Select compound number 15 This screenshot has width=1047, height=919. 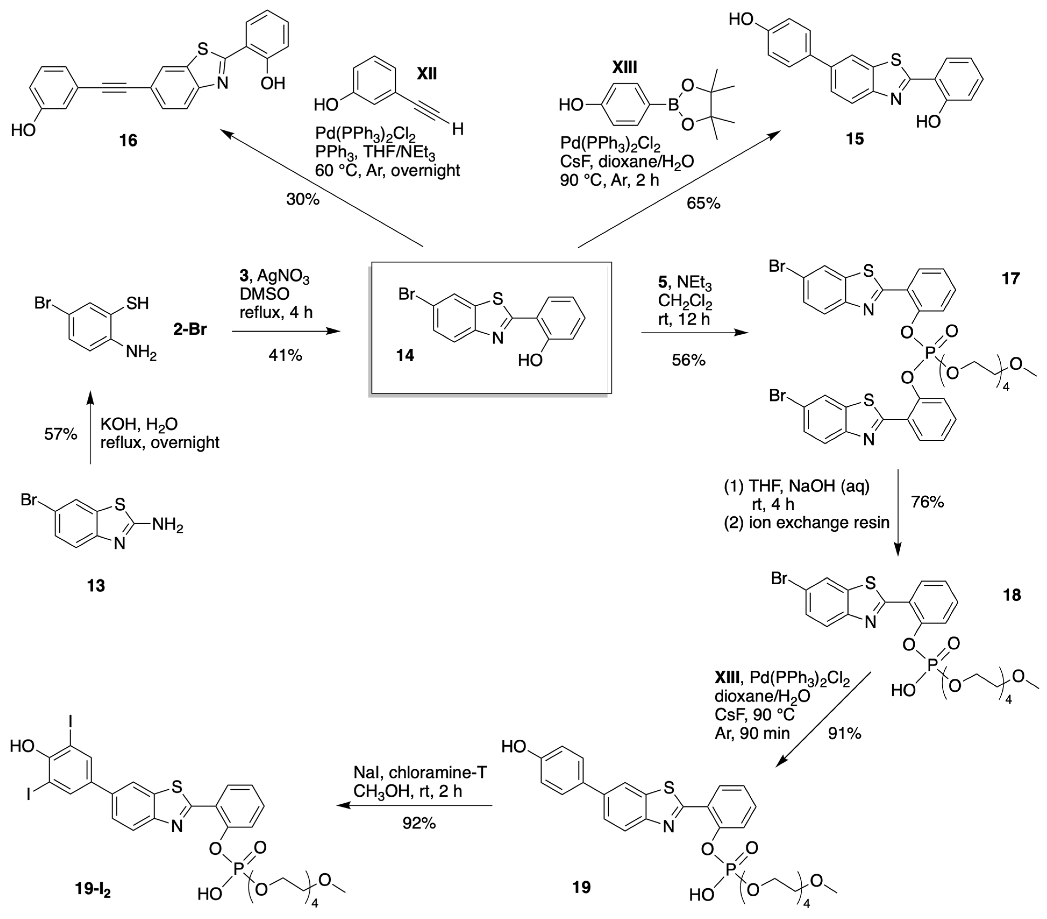[855, 139]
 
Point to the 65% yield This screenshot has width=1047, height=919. [703, 204]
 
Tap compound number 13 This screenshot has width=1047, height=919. [96, 585]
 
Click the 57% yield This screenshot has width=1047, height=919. [60, 434]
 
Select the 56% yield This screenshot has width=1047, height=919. [688, 360]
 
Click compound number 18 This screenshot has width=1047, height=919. [1012, 595]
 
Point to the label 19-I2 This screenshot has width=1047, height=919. [93, 890]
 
